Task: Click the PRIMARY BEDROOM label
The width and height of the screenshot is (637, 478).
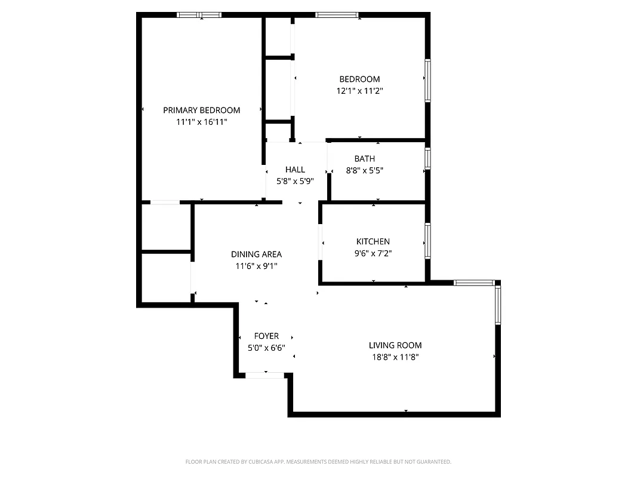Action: click(x=202, y=110)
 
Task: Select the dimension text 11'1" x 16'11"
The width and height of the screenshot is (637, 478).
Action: click(x=202, y=122)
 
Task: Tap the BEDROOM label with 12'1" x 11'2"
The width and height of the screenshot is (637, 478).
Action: click(x=359, y=79)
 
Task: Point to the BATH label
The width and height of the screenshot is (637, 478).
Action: click(x=365, y=158)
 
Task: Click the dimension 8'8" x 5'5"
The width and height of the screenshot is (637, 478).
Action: click(x=365, y=170)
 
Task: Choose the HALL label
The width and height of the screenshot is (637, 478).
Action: click(x=295, y=170)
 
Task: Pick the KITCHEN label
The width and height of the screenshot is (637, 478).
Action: click(x=373, y=241)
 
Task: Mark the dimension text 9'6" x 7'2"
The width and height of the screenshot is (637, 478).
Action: click(x=373, y=253)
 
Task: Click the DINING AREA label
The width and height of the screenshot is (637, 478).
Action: click(x=257, y=254)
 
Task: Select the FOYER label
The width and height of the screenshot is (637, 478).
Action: click(x=266, y=336)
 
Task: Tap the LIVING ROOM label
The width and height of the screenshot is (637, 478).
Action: click(x=395, y=345)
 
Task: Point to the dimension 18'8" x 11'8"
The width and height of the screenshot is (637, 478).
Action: click(x=395, y=357)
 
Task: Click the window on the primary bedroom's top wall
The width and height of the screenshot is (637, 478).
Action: click(x=199, y=15)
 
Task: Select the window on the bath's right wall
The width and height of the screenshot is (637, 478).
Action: click(x=427, y=159)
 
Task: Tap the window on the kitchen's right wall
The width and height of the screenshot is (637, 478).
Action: click(x=427, y=241)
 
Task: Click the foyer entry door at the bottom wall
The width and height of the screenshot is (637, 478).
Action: click(x=265, y=375)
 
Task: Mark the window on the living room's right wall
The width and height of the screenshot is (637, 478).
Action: click(x=497, y=304)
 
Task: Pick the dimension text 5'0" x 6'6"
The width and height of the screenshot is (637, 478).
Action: click(x=266, y=348)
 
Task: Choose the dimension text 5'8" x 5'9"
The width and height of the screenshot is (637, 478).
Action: click(x=295, y=182)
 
